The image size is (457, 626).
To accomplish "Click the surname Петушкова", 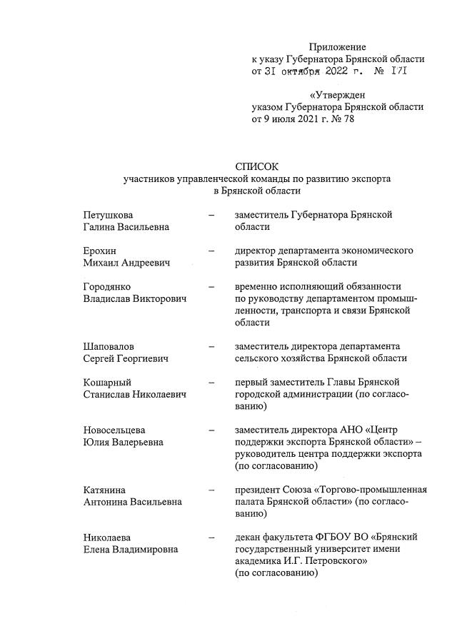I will tap(107, 214).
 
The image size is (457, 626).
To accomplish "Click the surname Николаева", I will tap(108, 537).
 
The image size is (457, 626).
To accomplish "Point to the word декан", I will tap(248, 537).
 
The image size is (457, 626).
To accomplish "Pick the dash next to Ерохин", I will tap(211, 251).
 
